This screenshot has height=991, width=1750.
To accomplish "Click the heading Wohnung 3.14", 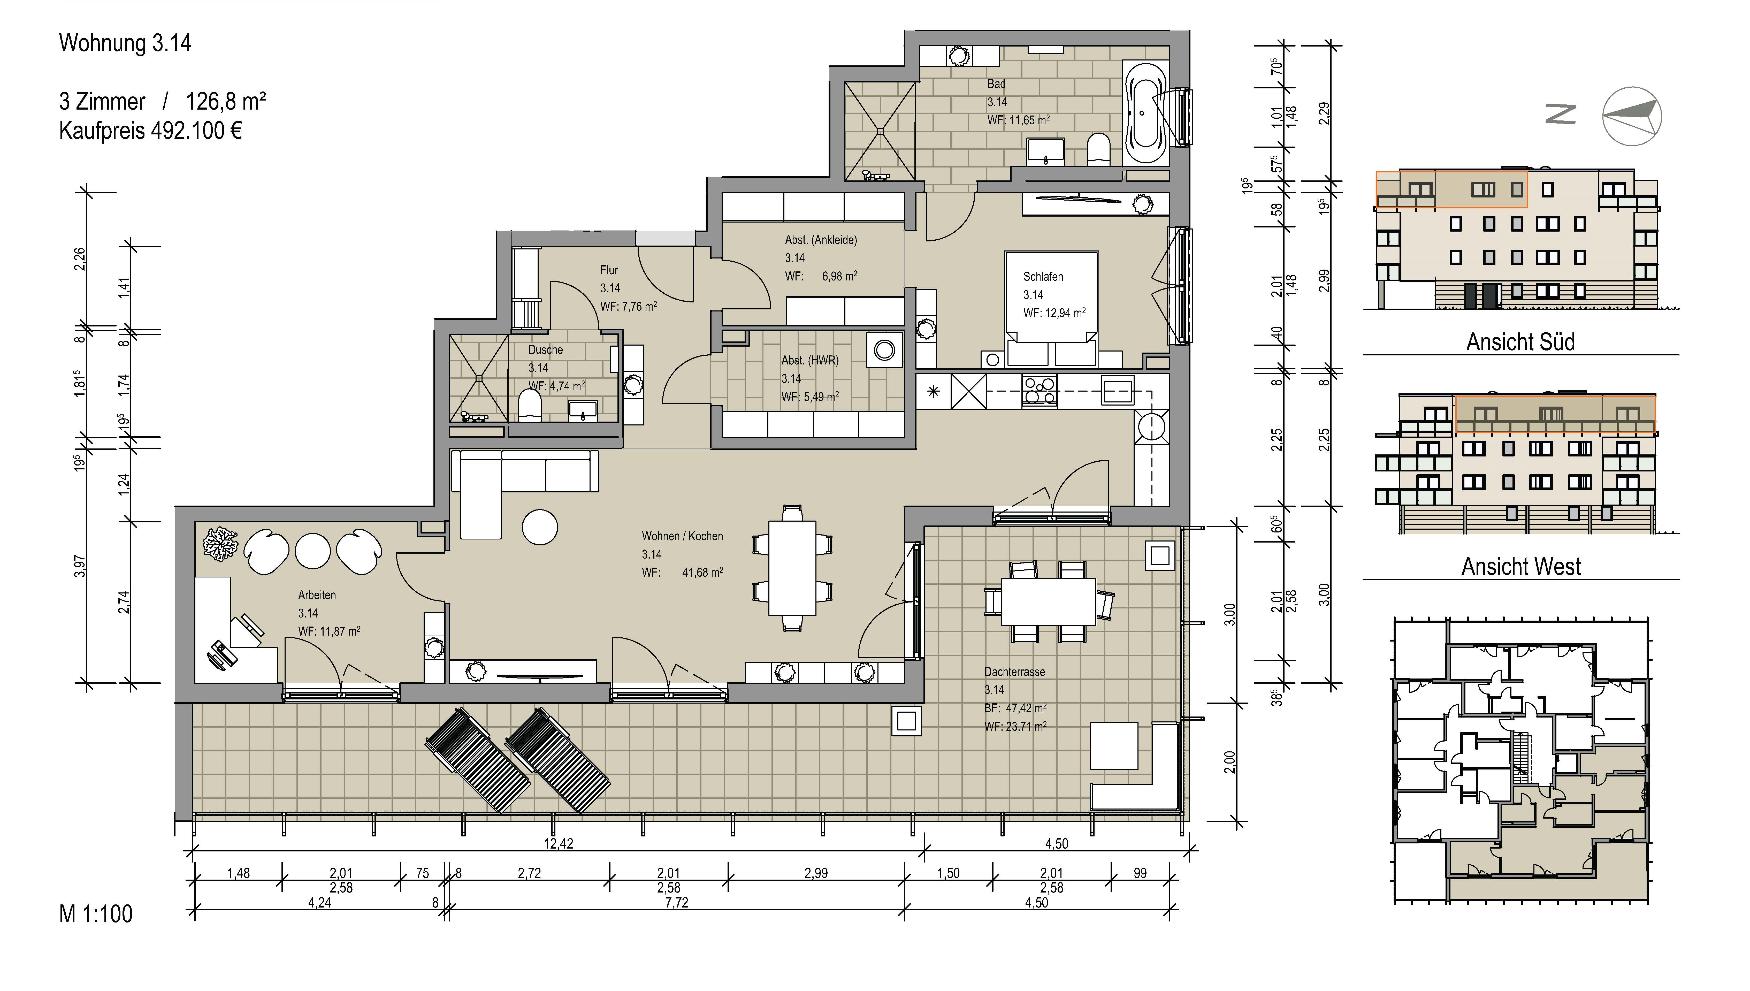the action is tap(125, 43).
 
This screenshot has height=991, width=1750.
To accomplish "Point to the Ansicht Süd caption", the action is tap(1520, 342).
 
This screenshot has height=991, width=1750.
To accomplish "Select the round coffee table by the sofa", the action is tap(540, 527).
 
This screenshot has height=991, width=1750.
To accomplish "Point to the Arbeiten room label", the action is tap(317, 595).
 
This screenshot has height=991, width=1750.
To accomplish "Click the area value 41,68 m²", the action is tap(702, 573).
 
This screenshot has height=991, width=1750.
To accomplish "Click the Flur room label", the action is tap(609, 270).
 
